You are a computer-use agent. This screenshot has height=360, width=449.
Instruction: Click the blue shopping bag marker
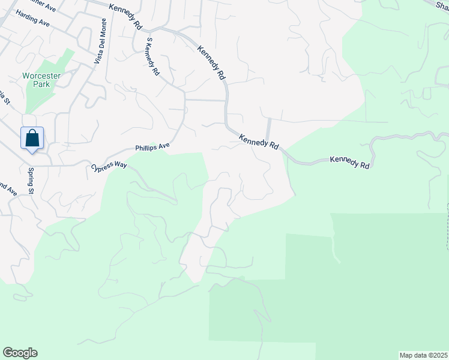tap(32, 138)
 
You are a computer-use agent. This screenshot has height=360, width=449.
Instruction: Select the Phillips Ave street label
tap(152, 146)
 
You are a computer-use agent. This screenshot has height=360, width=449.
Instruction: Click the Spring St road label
tap(30, 181)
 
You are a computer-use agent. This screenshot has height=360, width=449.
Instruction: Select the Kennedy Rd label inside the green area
tap(349, 162)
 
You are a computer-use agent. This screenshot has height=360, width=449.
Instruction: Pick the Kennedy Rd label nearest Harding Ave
tap(125, 17)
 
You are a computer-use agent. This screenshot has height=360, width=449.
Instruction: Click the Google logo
tap(20, 353)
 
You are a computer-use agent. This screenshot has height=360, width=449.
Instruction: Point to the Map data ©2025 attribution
tap(423, 355)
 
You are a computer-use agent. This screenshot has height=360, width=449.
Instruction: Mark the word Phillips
tap(146, 147)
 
